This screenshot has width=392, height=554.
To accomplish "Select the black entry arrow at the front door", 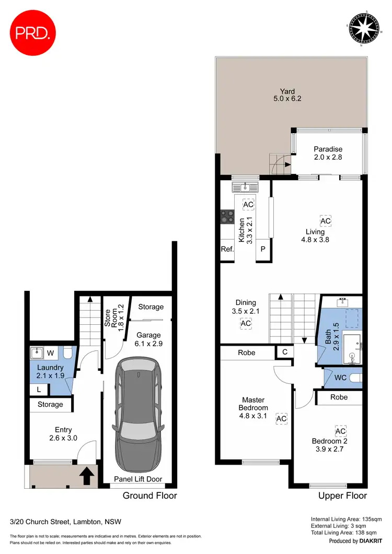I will [87, 475].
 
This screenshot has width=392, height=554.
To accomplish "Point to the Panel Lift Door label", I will [139, 479].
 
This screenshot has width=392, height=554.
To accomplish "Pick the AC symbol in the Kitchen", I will [248, 204].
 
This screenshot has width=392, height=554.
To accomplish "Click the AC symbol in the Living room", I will [325, 221].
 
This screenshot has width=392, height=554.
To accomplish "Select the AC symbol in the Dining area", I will [246, 324].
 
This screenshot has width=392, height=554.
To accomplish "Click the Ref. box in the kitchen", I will [227, 250].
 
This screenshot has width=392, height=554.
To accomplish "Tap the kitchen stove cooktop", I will [227, 216].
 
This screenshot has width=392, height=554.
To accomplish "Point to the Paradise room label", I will [328, 152].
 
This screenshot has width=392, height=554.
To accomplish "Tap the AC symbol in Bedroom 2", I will [340, 431].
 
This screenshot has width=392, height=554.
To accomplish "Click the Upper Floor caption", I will [343, 496].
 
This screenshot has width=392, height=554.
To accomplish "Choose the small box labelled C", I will [285, 352].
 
